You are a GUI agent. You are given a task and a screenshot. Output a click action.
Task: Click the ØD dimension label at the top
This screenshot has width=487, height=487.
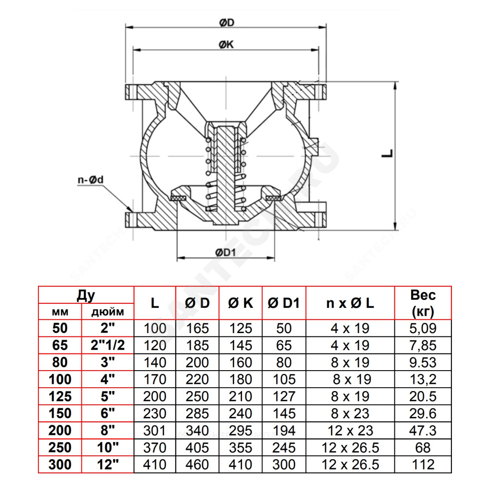point(226,23)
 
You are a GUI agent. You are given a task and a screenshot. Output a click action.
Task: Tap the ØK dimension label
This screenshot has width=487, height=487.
point(226,45)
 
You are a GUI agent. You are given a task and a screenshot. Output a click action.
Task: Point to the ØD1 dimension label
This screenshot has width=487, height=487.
point(226,252)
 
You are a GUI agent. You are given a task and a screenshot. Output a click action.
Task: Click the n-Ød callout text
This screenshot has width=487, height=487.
point(91,180)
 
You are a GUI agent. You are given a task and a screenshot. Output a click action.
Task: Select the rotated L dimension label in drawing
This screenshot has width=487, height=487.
point(387,153)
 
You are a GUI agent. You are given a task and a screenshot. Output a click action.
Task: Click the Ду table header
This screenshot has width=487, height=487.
point(86,296)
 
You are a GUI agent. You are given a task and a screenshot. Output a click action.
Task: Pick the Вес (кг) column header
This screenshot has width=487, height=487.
point(423,303)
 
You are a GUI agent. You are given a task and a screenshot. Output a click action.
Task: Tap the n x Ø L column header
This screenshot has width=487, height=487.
point(350,303)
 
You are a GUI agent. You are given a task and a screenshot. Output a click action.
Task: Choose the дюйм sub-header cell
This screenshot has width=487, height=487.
point(108,312)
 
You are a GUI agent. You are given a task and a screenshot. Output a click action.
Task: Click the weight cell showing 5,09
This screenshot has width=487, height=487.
point(423,328)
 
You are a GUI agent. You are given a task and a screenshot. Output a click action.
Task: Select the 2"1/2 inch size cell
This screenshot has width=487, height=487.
point(108,345)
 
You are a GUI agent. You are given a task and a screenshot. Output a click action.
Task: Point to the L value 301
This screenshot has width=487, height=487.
point(154,431)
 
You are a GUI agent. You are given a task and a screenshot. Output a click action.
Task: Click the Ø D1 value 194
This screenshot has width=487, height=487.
point(283,431)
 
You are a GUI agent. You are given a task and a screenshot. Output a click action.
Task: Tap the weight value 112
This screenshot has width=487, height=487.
point(423,465)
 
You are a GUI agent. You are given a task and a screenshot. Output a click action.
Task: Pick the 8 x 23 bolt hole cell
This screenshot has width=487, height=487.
point(350,413)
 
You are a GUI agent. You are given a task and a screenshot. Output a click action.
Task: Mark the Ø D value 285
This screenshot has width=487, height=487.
point(197,413)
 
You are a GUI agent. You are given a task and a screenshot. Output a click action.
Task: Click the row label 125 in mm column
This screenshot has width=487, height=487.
point(60,396)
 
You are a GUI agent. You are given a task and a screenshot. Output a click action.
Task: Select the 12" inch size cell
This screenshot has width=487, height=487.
point(108,465)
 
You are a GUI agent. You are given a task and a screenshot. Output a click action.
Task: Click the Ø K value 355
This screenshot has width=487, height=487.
point(241,448)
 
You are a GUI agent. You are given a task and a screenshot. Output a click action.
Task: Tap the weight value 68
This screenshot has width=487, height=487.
point(423,448)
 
